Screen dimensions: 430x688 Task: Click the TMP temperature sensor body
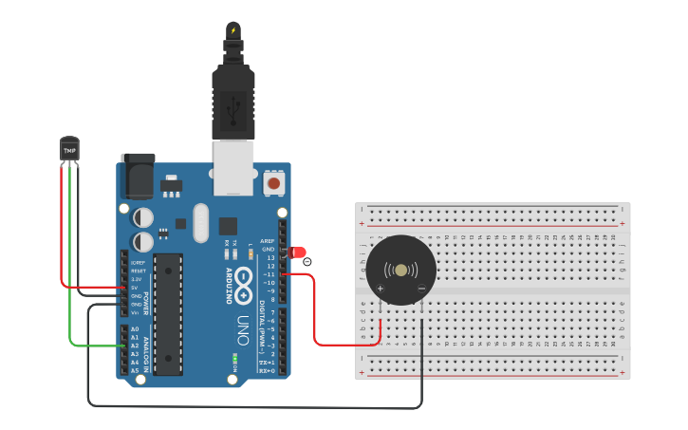coord(69,149)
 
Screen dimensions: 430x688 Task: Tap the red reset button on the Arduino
coord(274,181)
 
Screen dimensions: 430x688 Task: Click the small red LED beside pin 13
coord(299,253)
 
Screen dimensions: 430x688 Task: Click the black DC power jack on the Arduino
coord(138,175)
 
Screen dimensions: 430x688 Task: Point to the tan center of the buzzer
coord(401,271)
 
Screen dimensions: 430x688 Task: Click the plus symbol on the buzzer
coord(381,288)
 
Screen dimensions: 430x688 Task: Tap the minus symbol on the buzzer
coord(421,288)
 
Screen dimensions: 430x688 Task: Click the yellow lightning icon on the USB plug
coord(232,31)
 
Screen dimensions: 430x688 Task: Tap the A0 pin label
coord(135,329)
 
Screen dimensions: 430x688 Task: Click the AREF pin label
coord(269,241)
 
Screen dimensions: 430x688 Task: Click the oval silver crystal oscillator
coord(199,223)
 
